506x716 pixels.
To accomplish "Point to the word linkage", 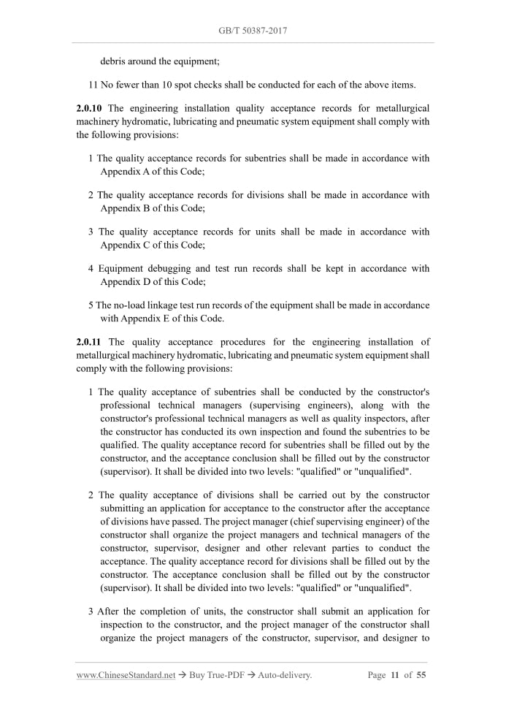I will (175, 305).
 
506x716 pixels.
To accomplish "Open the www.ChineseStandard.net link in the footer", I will (126, 675).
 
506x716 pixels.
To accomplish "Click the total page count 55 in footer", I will (421, 675).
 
